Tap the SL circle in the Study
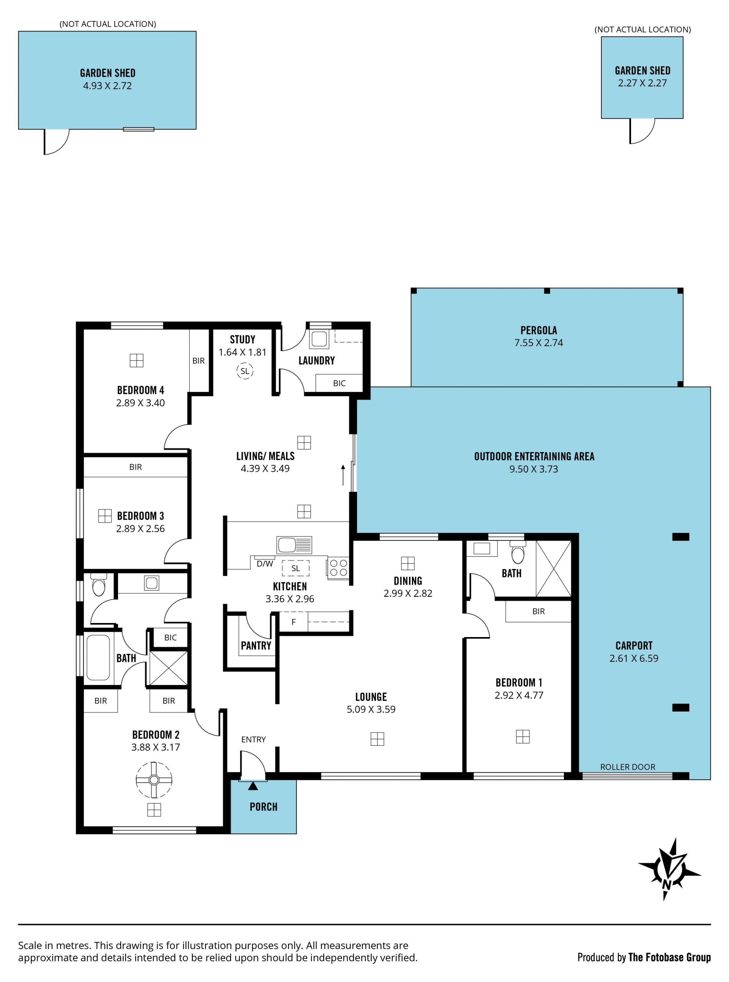[245, 371]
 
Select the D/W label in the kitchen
[265, 563]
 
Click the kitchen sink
[294, 545]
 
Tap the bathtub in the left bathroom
[98, 658]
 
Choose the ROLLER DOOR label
[628, 767]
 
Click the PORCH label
[264, 807]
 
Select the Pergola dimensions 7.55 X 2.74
[538, 343]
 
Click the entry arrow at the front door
[253, 786]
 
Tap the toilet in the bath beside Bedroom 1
[517, 552]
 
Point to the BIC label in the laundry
[339, 383]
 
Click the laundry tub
[319, 338]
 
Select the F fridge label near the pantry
[293, 622]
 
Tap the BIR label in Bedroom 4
[199, 361]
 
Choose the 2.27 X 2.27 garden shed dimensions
[642, 83]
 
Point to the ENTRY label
[253, 739]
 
